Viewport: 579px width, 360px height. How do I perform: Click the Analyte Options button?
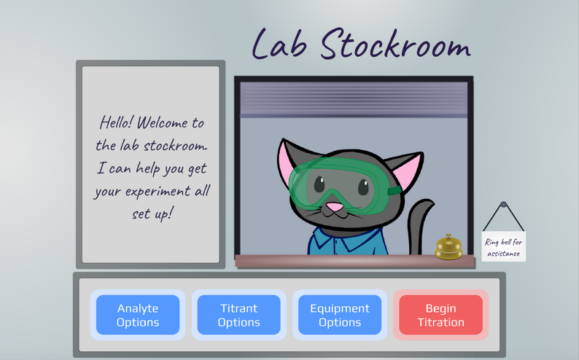tap(137, 315)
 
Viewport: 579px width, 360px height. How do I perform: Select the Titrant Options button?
tap(238, 315)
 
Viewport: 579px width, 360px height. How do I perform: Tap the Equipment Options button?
tap(339, 315)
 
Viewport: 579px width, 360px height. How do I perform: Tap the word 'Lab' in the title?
tap(280, 45)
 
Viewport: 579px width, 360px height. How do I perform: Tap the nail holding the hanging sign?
tap(503, 205)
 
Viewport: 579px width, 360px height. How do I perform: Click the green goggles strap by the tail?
tap(394, 192)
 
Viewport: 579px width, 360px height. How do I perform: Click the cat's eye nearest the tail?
tap(362, 187)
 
